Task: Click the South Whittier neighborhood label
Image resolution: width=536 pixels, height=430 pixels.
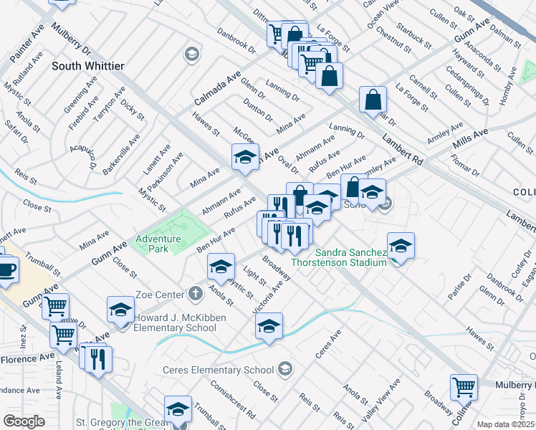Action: pos(88,66)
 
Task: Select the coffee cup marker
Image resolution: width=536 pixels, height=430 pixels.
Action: pos(6,269)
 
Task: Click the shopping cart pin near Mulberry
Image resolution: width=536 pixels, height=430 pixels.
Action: pos(464,387)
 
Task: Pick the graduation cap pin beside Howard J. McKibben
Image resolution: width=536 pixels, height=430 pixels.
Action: pos(120,309)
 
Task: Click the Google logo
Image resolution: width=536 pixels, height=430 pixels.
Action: pos(24,421)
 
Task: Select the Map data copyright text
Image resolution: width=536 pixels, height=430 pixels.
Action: pos(505,424)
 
